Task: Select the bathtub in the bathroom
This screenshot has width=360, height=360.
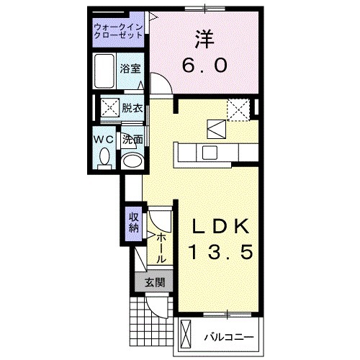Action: (107, 70)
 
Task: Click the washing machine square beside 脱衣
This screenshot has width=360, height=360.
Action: (111, 109)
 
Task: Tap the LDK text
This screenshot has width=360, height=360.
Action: (222, 228)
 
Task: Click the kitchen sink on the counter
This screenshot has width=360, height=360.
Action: (210, 153)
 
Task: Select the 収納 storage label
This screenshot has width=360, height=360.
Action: (134, 223)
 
